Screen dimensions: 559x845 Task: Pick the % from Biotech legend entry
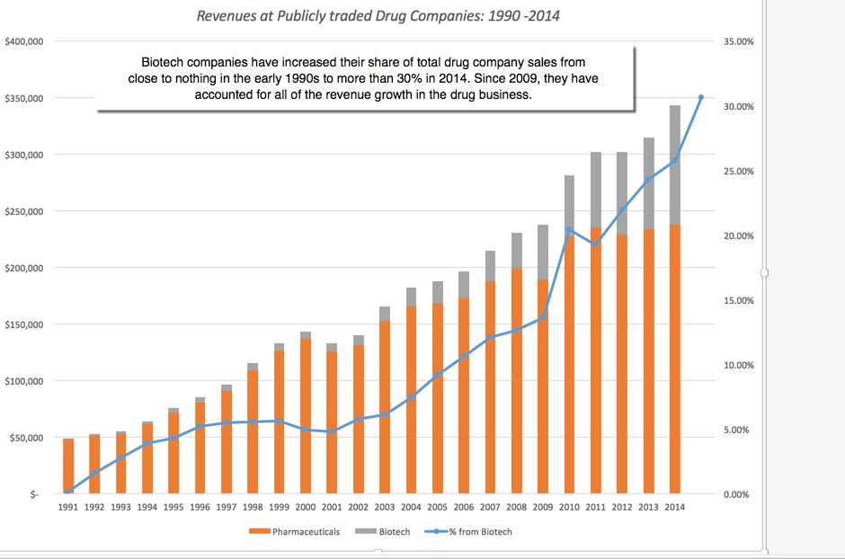480,532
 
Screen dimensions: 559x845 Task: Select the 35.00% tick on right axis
740,42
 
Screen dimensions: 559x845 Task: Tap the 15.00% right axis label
740,300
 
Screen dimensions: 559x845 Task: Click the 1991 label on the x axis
68,508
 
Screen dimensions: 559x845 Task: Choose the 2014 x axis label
674,508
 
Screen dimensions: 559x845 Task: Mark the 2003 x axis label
385,508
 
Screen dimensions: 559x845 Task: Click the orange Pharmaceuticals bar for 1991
68,466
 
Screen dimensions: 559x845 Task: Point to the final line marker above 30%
701,97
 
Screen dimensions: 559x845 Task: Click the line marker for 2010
569,230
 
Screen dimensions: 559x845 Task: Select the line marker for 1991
68,491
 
